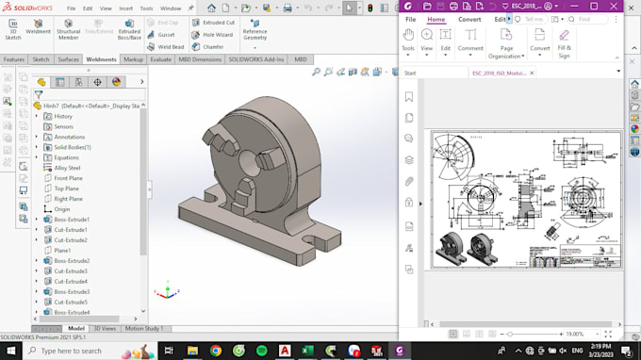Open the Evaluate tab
(x=161, y=59)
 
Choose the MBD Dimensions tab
(x=200, y=59)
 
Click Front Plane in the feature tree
(x=68, y=178)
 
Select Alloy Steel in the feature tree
(x=67, y=168)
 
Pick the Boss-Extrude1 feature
(x=71, y=220)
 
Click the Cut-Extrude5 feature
(x=71, y=302)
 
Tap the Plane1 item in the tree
(x=62, y=250)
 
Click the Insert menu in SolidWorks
(x=125, y=8)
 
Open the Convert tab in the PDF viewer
(x=469, y=19)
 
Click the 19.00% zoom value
(x=575, y=334)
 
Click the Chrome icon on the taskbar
(x=216, y=351)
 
